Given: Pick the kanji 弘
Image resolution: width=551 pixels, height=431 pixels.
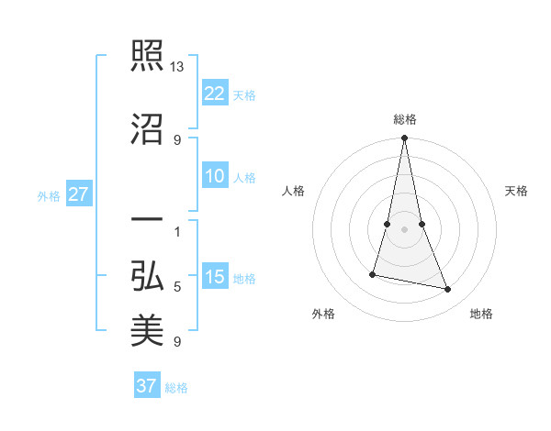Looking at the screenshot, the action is coord(147,275).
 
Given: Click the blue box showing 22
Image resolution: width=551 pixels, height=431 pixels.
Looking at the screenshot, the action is coord(215,93).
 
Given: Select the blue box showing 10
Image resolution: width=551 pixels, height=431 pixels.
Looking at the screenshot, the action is coord(215,177).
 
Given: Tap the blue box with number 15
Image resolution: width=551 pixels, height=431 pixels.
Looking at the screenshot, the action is coord(215,278).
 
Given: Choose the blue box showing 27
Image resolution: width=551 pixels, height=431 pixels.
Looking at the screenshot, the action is coord(79,195).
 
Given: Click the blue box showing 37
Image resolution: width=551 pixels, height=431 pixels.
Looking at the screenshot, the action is coord(147,386).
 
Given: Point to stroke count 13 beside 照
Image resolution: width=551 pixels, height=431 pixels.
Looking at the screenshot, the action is coord(177,67).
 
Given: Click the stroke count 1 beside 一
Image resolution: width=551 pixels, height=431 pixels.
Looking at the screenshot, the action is coord(177,231).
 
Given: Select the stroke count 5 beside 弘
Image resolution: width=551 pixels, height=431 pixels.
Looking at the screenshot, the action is coord(177,287).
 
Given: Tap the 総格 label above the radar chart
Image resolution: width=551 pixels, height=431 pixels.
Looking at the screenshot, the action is coord(405,119).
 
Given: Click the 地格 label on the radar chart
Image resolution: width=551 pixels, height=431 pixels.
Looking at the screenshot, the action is coord(481,314).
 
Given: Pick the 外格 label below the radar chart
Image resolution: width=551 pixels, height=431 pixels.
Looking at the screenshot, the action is coord(323,314).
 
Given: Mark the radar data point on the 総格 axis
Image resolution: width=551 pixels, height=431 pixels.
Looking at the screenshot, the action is coord(405,138).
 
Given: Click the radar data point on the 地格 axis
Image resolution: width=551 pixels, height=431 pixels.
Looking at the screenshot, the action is coord(448,290).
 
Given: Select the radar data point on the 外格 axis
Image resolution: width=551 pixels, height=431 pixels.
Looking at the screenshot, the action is coord(373,274).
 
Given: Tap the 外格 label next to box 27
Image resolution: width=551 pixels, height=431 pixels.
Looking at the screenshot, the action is coord(49,196).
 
